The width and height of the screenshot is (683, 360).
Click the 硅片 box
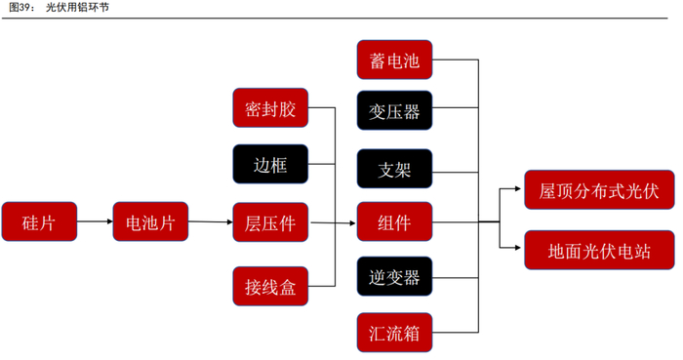click(x=39, y=221)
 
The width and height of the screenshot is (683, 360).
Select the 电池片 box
click(x=151, y=221)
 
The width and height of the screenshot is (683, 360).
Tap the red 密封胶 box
click(x=271, y=108)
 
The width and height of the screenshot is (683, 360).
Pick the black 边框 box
click(x=271, y=165)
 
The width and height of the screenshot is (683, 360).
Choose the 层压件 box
click(x=271, y=221)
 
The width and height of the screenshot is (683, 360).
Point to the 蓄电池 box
click(x=394, y=61)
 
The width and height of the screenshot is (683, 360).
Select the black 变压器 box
click(x=394, y=111)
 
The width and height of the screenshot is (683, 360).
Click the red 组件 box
click(x=394, y=221)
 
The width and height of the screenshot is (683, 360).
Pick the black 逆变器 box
click(x=394, y=277)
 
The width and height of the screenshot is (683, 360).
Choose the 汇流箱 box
click(x=394, y=332)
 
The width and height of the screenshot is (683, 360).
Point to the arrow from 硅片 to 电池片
click(x=95, y=221)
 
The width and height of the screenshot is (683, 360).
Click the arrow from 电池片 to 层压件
click(x=210, y=221)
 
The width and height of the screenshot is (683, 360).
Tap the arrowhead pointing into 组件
click(x=351, y=222)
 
